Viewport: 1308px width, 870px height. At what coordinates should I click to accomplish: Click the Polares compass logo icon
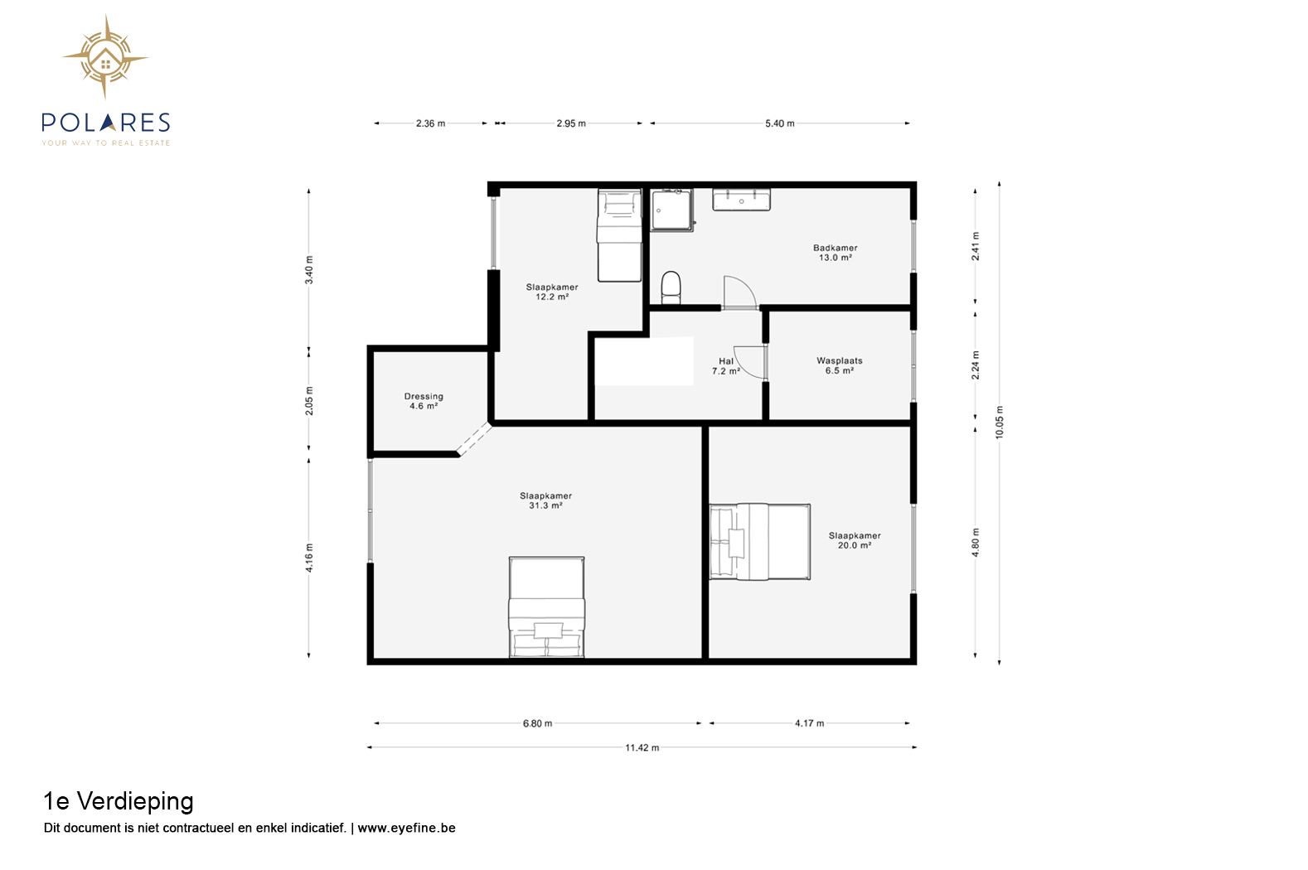(x=105, y=57)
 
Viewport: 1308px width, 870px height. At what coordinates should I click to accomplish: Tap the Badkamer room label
(x=835, y=252)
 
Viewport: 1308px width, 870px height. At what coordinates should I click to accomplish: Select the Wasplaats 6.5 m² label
(x=839, y=365)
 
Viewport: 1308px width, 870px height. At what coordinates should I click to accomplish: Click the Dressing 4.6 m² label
(x=424, y=401)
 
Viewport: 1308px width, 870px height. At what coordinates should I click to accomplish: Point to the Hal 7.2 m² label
(x=726, y=366)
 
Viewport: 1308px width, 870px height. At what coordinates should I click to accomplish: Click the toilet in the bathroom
(x=671, y=288)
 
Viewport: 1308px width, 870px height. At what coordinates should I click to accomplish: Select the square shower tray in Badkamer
(x=672, y=210)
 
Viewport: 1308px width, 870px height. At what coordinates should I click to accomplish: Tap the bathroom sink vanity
(x=741, y=199)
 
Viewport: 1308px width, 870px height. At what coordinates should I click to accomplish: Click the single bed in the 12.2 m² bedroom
(x=619, y=235)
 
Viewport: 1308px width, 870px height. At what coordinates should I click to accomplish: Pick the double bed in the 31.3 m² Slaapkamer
(x=546, y=607)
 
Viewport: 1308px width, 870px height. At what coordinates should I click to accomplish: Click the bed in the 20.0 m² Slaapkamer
(x=760, y=542)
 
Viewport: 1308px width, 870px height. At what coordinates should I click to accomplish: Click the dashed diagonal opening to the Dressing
(x=474, y=438)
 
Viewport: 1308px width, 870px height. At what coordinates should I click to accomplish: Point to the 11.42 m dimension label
(x=642, y=747)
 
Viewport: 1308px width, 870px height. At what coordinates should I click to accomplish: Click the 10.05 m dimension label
(x=999, y=422)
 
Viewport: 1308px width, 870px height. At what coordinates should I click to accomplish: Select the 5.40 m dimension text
(x=779, y=123)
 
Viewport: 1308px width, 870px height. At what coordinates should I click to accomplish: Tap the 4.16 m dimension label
(x=309, y=558)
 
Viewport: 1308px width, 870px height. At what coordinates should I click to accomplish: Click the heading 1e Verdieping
(x=119, y=801)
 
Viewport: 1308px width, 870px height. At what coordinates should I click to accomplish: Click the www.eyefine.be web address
(x=406, y=828)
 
